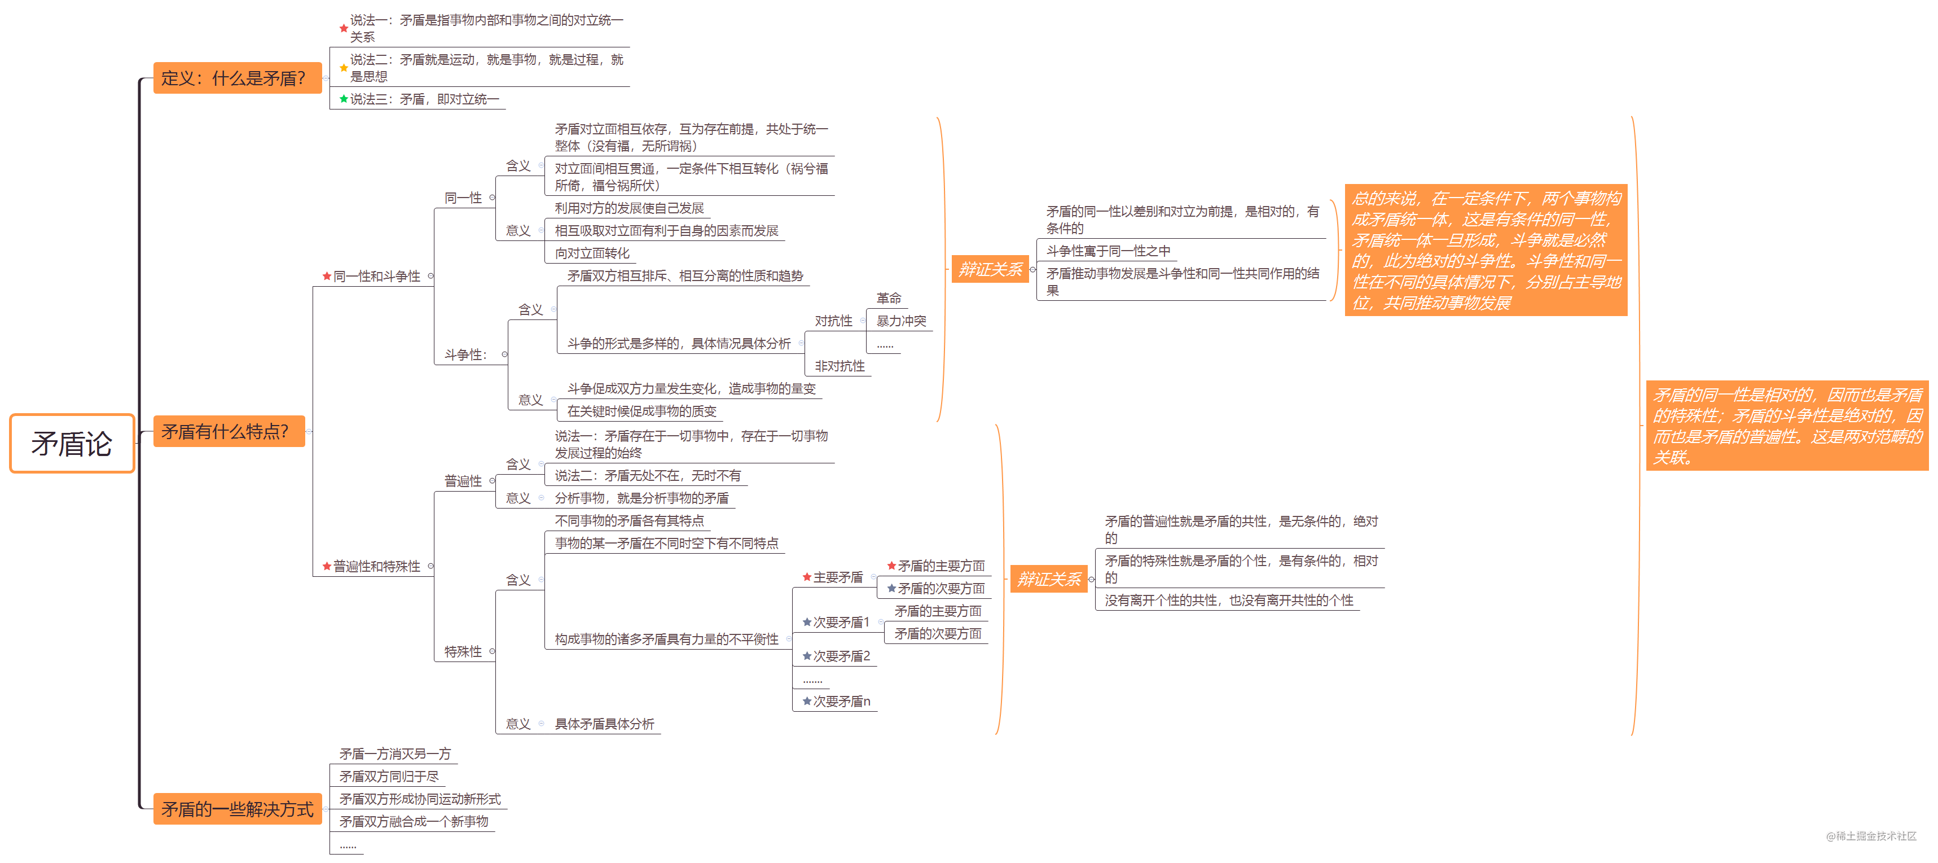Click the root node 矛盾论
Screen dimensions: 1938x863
point(72,443)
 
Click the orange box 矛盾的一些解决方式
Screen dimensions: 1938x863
point(237,809)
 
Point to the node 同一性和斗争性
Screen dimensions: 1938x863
point(376,276)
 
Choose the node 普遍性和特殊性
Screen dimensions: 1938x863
point(376,566)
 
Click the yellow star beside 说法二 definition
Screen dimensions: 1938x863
point(344,68)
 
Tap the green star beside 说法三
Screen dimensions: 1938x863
point(344,99)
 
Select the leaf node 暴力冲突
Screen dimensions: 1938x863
point(901,321)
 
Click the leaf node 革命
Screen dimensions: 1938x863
point(889,299)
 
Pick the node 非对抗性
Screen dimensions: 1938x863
point(840,366)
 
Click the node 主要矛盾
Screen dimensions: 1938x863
point(837,577)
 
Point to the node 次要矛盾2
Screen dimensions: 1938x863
point(840,656)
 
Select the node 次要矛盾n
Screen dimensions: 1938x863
point(840,701)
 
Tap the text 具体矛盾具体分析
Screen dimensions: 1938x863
point(604,724)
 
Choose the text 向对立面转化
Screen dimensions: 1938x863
point(592,253)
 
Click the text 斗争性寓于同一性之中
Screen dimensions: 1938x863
point(1108,251)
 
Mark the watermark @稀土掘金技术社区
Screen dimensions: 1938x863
point(1871,836)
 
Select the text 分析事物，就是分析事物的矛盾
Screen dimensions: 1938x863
point(641,498)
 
